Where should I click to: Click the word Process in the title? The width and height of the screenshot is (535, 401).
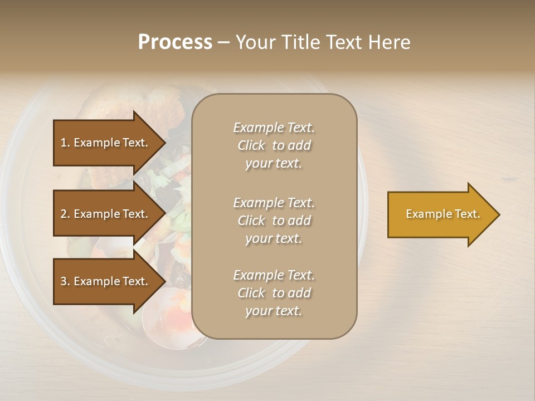point(175,42)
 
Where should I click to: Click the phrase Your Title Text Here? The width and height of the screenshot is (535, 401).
point(323,42)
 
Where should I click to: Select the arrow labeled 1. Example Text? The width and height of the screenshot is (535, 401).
point(106,143)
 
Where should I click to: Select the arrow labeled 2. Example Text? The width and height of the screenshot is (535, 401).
point(106,214)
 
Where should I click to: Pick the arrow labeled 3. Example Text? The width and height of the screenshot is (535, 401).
point(106,281)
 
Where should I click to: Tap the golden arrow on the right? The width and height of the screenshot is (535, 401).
point(440,214)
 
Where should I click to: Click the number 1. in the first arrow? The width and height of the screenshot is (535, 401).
point(65,143)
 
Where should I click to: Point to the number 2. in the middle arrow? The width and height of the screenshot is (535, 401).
point(65,214)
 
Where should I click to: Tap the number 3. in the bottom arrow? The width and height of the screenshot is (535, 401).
point(65,281)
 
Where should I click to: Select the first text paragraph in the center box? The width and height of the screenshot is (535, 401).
point(274,145)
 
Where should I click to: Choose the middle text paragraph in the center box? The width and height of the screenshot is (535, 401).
point(274,221)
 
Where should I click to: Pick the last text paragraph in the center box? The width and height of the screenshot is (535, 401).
point(274,293)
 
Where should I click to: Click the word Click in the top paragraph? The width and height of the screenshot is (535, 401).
point(251,146)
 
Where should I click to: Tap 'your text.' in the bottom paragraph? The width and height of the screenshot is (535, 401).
point(274,311)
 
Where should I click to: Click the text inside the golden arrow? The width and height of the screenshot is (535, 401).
point(442,214)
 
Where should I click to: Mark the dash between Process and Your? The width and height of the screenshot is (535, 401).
point(223,43)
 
